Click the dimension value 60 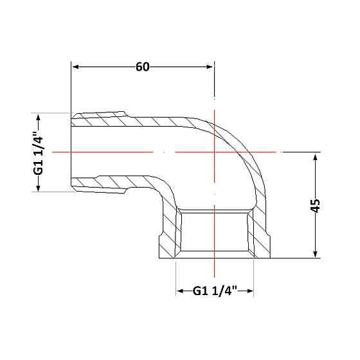[143, 67]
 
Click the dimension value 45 [315, 206]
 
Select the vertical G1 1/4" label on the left [39, 152]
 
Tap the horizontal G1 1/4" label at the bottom [215, 291]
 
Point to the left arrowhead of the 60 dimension [76, 67]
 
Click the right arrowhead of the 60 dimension [210, 67]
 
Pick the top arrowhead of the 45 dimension [315, 158]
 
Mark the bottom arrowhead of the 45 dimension [315, 253]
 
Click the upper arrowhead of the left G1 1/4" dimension [39, 118]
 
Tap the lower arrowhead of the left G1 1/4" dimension [39, 187]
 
